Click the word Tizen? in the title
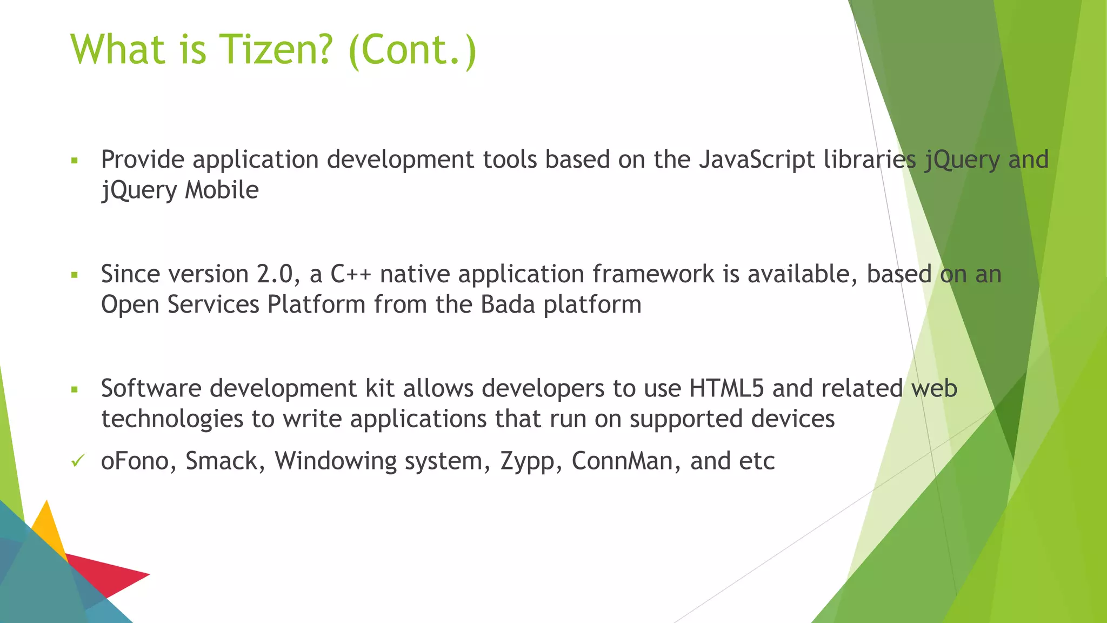[275, 50]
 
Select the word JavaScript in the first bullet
[757, 160]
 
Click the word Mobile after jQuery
[222, 190]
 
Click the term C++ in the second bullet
[351, 274]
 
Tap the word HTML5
[726, 389]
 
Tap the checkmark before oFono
[77, 461]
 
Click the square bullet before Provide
[75, 161]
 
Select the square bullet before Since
[75, 275]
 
